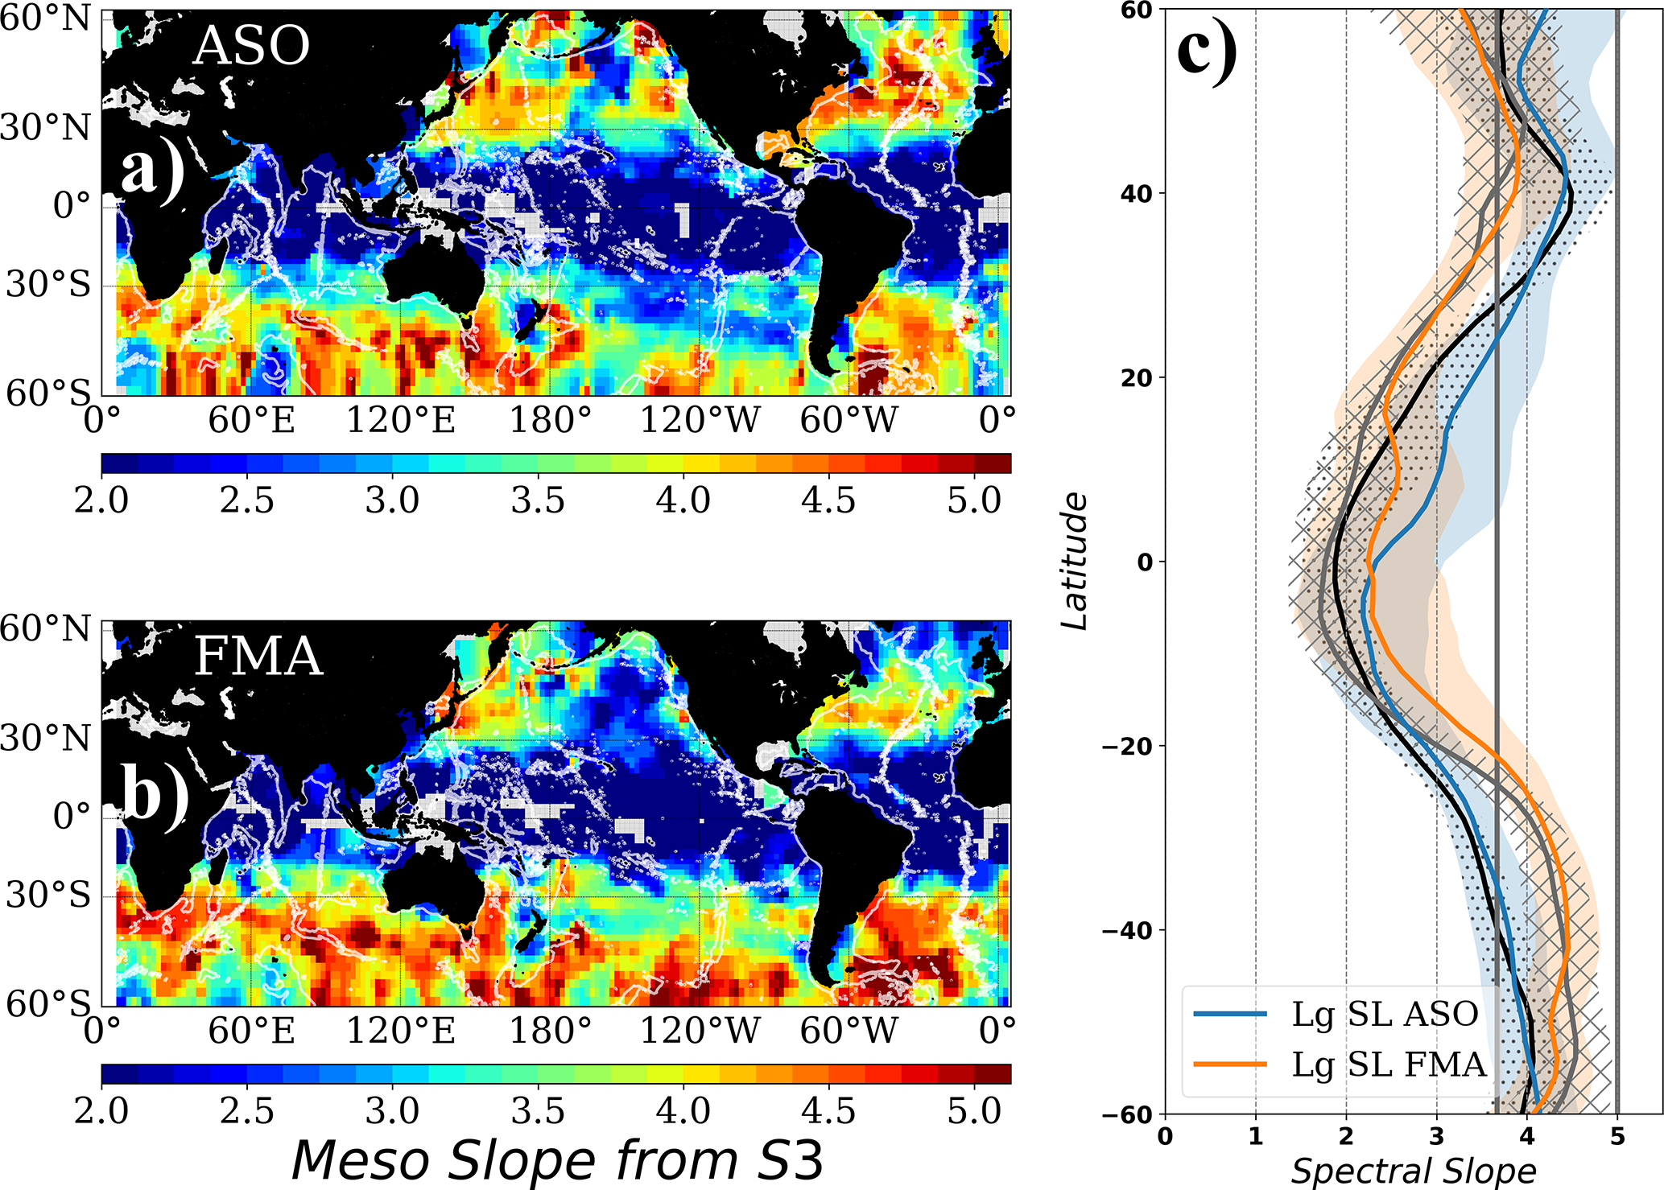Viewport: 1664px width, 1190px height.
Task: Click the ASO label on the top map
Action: [251, 46]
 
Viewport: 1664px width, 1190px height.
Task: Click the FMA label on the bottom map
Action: [258, 656]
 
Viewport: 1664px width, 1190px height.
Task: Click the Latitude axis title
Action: [1074, 562]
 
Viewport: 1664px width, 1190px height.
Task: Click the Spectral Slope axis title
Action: [1414, 1171]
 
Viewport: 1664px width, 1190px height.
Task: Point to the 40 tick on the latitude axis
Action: [1136, 193]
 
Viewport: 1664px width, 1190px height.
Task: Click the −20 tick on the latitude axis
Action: [1127, 746]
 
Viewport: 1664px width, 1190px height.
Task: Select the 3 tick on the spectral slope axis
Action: [1437, 1136]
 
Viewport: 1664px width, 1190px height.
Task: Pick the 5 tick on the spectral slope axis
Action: [1617, 1136]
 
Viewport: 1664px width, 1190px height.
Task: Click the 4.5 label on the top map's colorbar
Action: [828, 500]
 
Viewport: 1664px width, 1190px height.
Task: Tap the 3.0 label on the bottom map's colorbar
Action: [392, 1111]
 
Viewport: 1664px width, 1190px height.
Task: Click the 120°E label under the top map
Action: [401, 420]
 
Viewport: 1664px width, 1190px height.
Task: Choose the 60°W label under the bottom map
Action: [849, 1031]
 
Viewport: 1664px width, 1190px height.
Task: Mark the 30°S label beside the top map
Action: [48, 284]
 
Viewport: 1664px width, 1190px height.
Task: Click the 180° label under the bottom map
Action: [551, 1031]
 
